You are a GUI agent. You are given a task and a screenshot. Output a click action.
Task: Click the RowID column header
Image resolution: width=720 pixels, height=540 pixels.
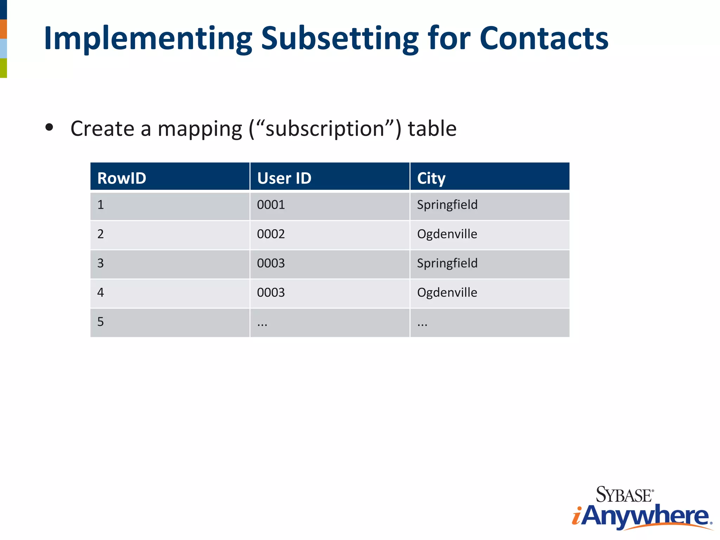click(122, 178)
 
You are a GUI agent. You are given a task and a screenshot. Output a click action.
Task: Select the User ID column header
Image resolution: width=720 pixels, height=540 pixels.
click(284, 178)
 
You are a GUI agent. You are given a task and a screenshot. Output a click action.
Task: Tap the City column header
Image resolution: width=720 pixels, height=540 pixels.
click(431, 178)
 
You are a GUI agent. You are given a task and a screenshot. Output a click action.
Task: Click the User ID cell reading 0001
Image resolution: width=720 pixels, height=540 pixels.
click(271, 205)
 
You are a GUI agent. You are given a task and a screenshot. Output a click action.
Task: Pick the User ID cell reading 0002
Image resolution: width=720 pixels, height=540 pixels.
click(271, 234)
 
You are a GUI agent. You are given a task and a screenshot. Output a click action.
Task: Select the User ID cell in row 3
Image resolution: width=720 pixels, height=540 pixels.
click(271, 263)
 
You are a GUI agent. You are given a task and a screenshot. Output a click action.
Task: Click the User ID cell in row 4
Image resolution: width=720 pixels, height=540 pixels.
click(271, 292)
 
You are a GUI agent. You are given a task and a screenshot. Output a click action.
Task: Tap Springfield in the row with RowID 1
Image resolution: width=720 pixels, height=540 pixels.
click(447, 205)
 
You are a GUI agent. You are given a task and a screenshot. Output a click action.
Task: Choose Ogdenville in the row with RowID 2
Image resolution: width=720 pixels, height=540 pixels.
click(447, 234)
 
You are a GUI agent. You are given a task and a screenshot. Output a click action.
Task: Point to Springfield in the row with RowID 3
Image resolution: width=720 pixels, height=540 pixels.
click(447, 263)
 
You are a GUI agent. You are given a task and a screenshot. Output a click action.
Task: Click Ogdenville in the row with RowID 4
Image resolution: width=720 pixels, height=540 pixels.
click(447, 292)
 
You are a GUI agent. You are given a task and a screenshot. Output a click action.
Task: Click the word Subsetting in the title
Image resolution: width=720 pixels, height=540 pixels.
click(340, 39)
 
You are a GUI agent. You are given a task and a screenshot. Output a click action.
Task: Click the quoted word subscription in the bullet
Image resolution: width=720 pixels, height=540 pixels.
click(324, 129)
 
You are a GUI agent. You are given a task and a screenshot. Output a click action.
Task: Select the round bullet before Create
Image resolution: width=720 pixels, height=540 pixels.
click(49, 127)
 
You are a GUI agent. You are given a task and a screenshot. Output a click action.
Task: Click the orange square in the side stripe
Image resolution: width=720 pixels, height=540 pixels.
click(4, 29)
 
